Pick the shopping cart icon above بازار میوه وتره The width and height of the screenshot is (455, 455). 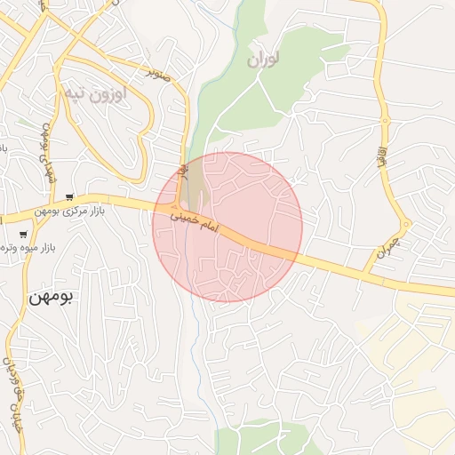coord(22,234)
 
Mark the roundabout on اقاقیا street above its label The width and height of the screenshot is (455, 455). coord(385,120)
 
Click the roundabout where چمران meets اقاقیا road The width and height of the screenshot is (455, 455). coord(404,223)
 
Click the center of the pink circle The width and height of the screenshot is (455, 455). coord(228,227)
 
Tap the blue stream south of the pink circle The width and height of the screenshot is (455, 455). coord(197,347)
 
